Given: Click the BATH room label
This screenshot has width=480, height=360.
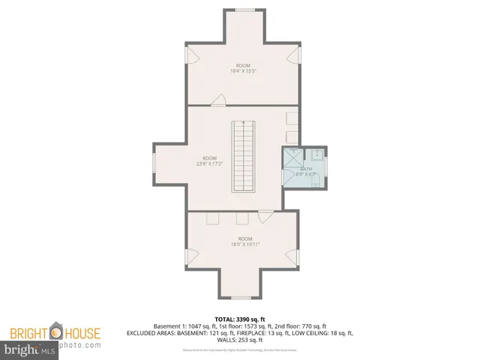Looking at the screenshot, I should (x=307, y=169).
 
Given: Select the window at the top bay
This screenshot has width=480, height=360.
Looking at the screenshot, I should (x=244, y=10).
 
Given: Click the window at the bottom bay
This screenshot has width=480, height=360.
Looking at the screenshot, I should (x=240, y=298).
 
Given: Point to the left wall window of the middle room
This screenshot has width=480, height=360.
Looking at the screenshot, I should (x=154, y=160).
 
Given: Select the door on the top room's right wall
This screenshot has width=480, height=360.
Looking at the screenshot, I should (x=294, y=56).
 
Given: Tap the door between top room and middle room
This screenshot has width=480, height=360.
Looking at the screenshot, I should (x=220, y=100).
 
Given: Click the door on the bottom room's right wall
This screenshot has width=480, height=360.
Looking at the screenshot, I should (x=292, y=256).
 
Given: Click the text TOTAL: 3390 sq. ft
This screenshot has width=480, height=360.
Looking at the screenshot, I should (x=240, y=319).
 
